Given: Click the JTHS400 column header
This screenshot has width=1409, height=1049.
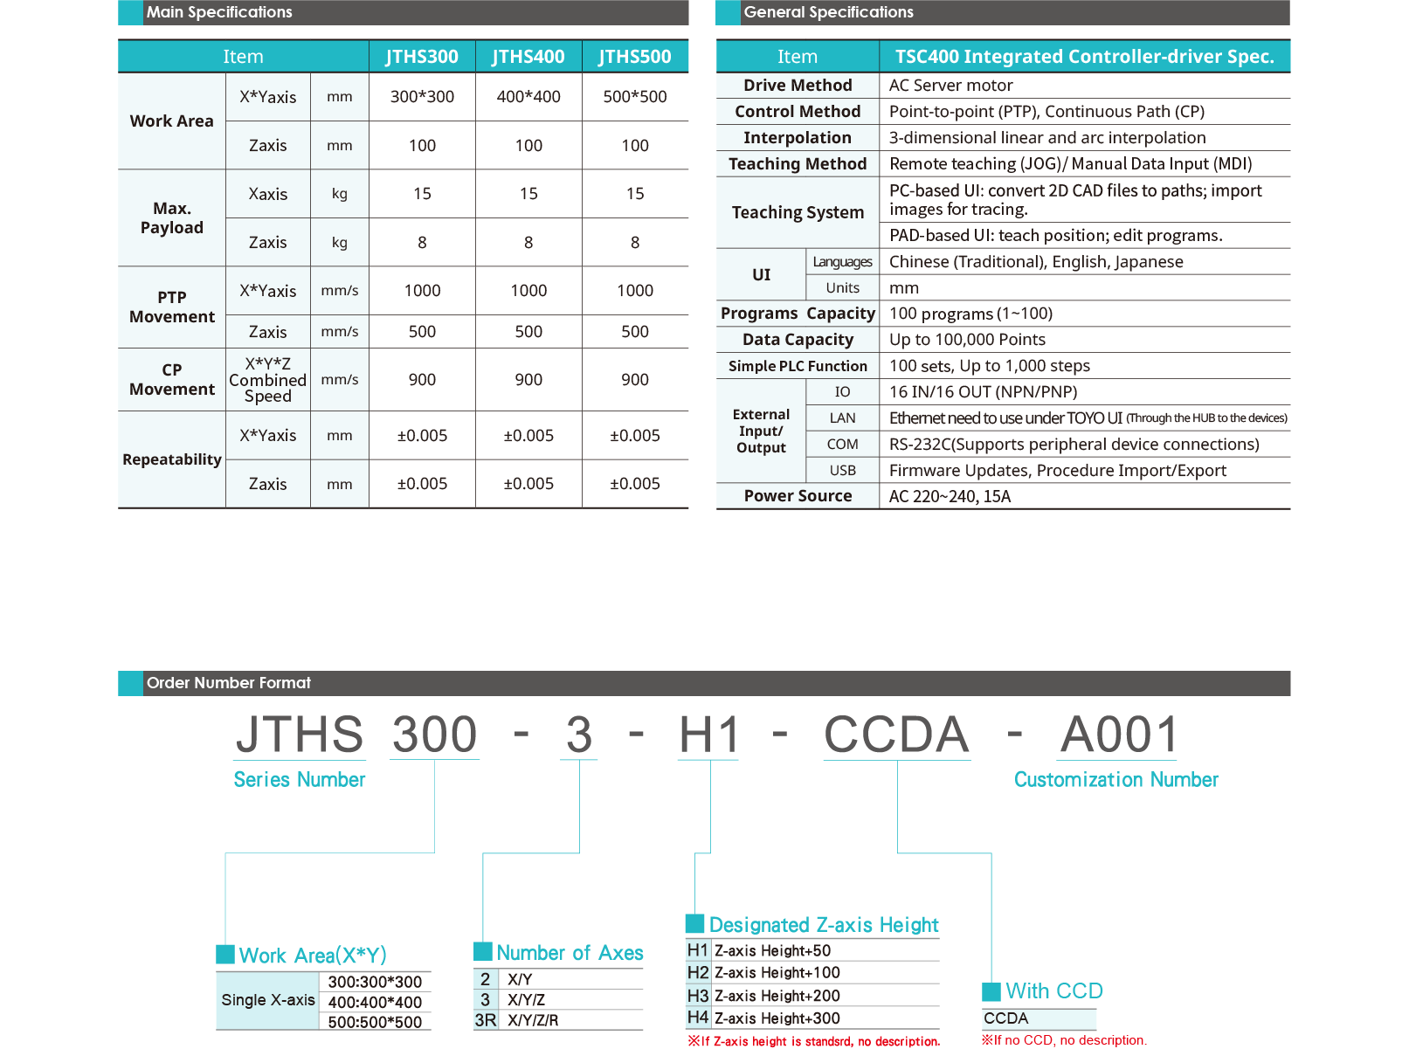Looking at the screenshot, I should click(528, 57).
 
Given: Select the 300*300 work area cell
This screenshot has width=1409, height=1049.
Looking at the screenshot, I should click(422, 97).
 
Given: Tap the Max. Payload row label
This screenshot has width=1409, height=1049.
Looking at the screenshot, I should click(172, 218).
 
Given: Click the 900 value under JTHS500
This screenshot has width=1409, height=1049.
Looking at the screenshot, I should click(635, 380).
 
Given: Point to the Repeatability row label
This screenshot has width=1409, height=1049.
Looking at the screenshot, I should click(172, 459).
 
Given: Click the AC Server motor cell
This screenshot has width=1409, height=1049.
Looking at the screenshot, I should click(950, 86).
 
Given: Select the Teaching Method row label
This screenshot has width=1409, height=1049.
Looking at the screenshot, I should click(798, 164).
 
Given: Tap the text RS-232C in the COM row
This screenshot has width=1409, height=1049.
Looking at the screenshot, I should click(921, 445).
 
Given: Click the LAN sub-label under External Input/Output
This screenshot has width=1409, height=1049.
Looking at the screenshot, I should click(842, 418).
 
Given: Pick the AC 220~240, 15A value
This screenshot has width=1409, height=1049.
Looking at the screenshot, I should click(950, 497).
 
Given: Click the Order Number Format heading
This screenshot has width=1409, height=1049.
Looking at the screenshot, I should click(229, 683).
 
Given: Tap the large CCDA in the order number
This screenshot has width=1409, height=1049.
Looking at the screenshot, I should click(897, 735).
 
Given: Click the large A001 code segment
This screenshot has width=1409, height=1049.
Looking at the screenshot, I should click(1119, 735).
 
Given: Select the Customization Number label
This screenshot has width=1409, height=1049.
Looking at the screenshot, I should click(1115, 780).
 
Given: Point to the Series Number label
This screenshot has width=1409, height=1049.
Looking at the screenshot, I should click(300, 780).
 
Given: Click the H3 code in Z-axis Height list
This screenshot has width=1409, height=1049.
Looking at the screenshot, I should click(697, 996).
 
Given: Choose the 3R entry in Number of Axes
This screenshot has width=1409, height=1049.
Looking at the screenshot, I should click(486, 1020).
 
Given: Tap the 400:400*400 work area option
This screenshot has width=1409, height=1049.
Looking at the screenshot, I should click(375, 1003).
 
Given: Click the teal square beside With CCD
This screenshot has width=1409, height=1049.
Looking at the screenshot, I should click(991, 991).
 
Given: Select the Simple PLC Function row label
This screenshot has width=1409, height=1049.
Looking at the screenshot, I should click(798, 366).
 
